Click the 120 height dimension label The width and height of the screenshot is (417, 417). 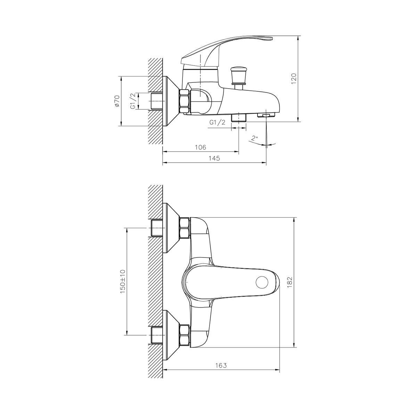[294, 79]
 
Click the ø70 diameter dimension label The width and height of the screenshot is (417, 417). [117, 101]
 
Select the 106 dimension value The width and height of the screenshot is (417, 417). [201, 147]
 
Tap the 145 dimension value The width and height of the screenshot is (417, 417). [214, 158]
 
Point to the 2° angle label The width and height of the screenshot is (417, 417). [255, 138]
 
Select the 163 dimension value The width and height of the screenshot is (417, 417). [221, 365]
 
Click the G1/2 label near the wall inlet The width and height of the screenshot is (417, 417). [133, 101]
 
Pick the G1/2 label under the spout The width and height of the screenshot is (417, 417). [218, 122]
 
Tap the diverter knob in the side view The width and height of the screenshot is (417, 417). [238, 76]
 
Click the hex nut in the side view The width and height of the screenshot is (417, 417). [185, 101]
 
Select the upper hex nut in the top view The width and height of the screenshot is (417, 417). [184, 228]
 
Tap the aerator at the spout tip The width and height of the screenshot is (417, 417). [266, 115]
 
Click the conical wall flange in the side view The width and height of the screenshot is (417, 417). [170, 101]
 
